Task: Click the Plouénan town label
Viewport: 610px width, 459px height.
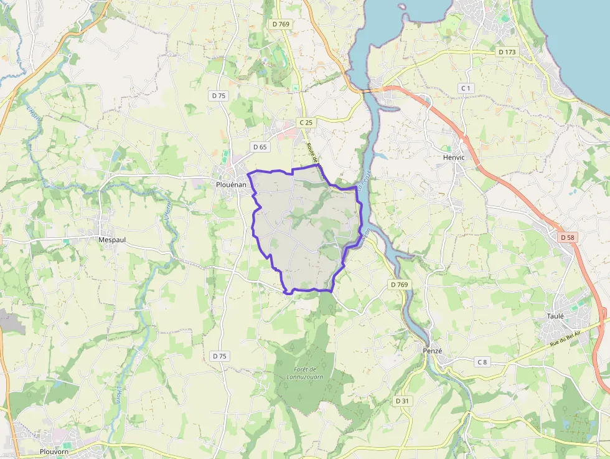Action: tap(230, 185)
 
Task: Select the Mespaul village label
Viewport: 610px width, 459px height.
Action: tap(112, 239)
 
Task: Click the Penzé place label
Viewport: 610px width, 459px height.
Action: tap(432, 351)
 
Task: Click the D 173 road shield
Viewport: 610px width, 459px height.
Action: tap(507, 52)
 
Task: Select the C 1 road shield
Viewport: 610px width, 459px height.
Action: tap(466, 88)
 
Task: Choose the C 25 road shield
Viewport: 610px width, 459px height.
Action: tap(305, 123)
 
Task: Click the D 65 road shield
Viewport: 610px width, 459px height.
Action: tap(260, 147)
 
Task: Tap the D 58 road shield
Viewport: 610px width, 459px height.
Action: tap(567, 237)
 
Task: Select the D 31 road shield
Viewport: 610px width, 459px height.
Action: tap(403, 401)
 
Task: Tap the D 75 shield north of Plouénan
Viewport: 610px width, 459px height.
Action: tap(218, 96)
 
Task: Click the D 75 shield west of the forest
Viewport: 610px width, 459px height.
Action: tap(219, 356)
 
